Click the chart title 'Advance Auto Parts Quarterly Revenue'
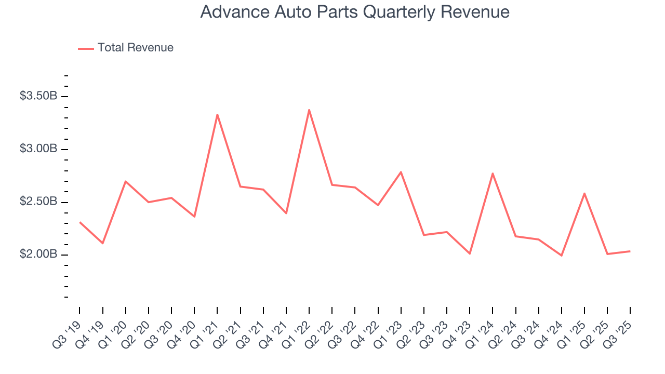355,11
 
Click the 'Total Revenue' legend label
135,48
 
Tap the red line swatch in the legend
86,48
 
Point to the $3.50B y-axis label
38,96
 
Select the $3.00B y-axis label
38,149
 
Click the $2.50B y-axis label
38,202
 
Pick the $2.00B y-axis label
38,255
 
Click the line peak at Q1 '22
309,110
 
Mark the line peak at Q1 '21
217,114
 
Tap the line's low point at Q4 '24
562,256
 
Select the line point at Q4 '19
103,243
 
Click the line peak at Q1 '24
493,173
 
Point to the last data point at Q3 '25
630,251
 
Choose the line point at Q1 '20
126,181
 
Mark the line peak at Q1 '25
584,193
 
